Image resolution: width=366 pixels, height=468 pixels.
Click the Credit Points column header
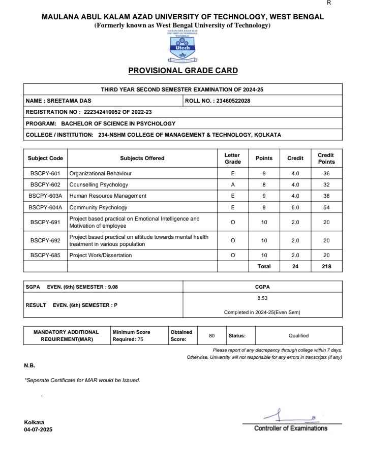pos(326,158)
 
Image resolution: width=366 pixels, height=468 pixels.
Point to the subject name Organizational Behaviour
pos(100,174)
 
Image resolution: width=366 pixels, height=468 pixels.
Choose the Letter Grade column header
pos(232,158)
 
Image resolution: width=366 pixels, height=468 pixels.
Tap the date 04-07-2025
pos(38,429)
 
